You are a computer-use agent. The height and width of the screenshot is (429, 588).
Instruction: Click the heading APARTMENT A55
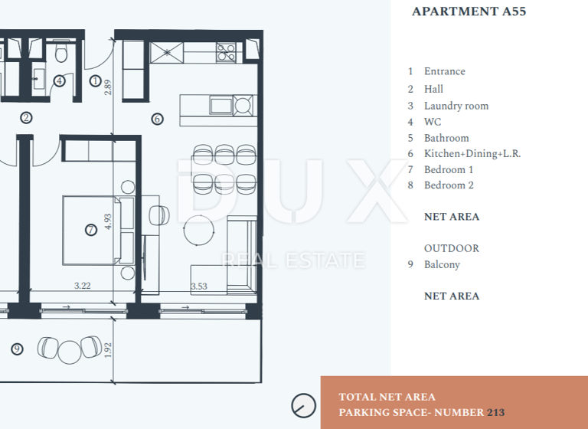[x=469, y=11]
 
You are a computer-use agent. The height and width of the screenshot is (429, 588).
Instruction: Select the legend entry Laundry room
[x=456, y=106]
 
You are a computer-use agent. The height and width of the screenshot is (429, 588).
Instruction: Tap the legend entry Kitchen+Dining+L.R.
[x=472, y=154]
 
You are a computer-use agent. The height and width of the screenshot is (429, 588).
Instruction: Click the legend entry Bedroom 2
[x=449, y=185]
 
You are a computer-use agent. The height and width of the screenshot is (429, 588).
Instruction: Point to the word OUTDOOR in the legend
[x=451, y=249]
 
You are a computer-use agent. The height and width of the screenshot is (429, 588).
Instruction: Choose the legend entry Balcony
[x=442, y=265]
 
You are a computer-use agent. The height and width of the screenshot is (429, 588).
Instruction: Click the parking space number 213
[x=495, y=413]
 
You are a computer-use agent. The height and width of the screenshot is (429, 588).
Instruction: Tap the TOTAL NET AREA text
[x=387, y=397]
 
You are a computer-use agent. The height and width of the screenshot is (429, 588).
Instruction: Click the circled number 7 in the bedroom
[x=91, y=229]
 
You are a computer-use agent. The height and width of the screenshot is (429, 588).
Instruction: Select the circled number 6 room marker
[x=157, y=119]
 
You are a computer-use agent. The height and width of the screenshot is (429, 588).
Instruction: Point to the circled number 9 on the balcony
[x=18, y=349]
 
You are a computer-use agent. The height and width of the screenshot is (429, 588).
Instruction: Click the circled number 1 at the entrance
[x=95, y=80]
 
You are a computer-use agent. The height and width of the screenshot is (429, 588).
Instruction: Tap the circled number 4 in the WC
[x=59, y=80]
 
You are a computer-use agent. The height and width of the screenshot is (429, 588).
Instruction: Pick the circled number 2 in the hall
[x=27, y=118]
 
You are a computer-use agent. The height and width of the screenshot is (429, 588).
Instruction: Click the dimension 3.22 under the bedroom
[x=83, y=286]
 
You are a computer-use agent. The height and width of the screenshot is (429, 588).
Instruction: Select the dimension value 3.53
[x=199, y=286]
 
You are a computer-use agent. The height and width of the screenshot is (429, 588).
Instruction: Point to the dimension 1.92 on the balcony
[x=108, y=350]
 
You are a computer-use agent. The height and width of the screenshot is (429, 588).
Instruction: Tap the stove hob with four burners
[x=226, y=52]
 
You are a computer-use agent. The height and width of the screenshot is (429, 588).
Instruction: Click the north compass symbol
[x=304, y=405]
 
